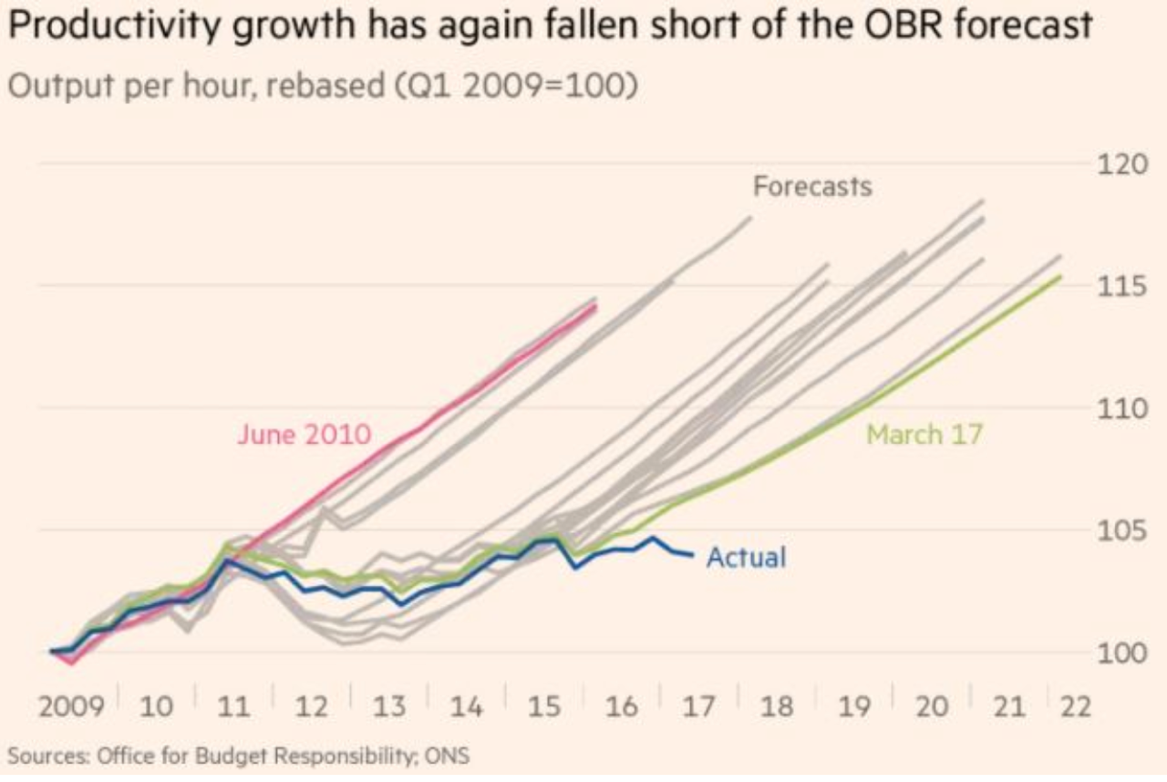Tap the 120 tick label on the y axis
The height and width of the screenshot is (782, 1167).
(1114, 165)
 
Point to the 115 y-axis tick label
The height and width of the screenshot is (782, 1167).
(1114, 286)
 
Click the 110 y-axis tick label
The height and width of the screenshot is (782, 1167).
(1114, 408)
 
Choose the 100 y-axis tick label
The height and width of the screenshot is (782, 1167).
(1114, 653)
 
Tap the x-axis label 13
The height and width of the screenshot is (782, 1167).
(389, 708)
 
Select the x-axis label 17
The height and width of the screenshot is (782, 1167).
(698, 708)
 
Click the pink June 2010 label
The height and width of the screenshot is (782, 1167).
(304, 434)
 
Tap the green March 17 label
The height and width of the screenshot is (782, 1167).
(924, 434)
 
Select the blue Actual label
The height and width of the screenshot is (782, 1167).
(746, 556)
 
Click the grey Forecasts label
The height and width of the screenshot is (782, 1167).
(811, 187)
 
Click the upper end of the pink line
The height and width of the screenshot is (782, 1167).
(595, 306)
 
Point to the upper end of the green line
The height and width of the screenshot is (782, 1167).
(1060, 276)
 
